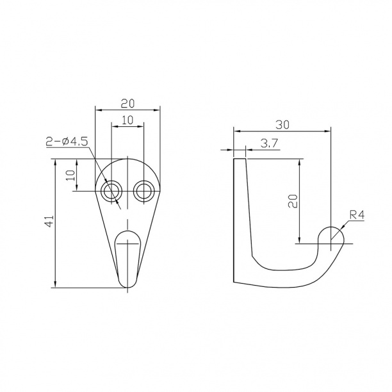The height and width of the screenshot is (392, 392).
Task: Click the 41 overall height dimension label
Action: (51, 221)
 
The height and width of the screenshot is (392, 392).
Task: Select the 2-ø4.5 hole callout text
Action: (67, 142)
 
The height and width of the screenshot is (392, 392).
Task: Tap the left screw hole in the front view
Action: (111, 192)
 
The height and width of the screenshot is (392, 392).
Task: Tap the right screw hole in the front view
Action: (143, 192)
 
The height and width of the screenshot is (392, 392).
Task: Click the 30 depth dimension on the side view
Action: (282, 124)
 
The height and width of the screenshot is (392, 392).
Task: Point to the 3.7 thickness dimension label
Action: (269, 143)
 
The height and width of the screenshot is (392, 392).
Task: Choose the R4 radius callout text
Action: (357, 215)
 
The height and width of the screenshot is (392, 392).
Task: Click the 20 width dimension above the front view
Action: (127, 104)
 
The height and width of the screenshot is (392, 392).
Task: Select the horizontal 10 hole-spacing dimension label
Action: (127, 120)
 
